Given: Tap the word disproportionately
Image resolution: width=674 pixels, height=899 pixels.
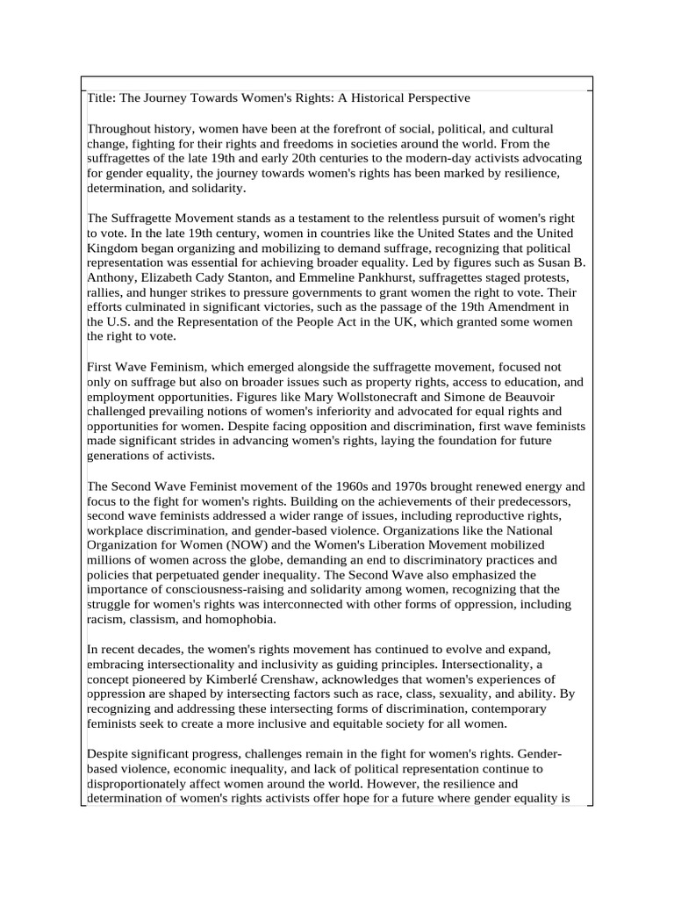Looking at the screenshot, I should (x=147, y=784).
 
